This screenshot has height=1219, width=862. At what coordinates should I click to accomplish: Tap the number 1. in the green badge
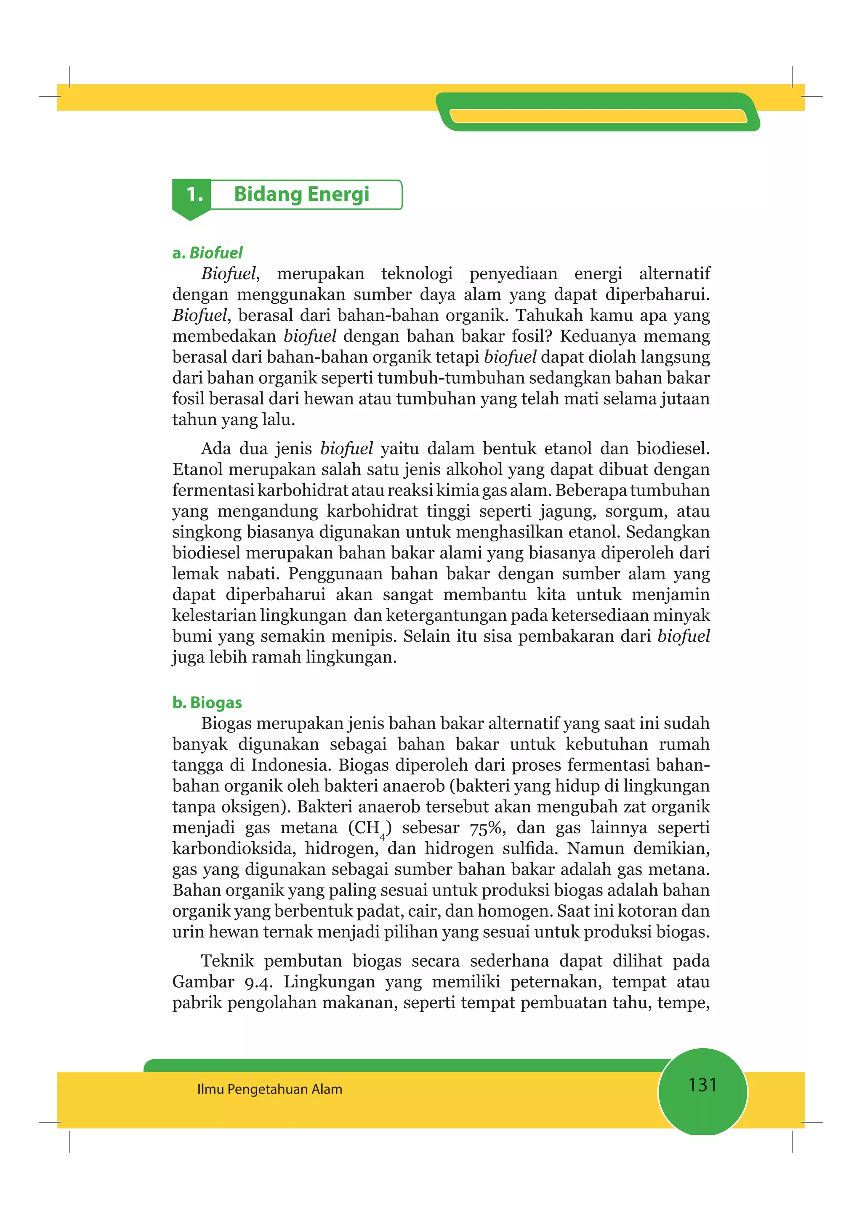pos(194,195)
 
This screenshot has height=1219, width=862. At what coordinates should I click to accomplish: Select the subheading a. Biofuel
pos(208,253)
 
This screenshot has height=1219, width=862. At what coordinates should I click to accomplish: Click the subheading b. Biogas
pos(207,702)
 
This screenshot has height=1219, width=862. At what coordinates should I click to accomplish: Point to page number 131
pos(702,1085)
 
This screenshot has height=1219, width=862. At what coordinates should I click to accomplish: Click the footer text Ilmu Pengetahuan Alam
pos(269,1089)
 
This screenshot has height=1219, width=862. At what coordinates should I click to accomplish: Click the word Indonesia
pos(290,765)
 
